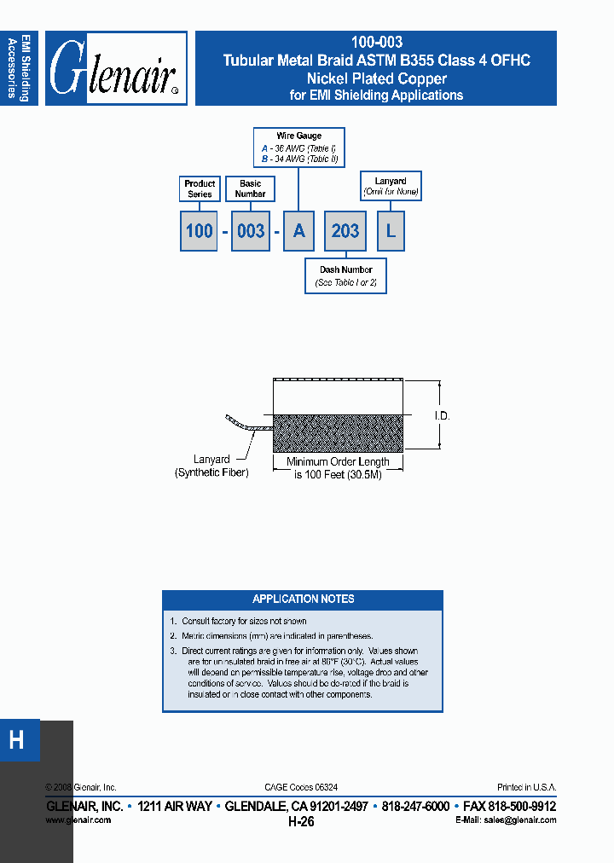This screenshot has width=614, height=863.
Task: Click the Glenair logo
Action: point(116,69)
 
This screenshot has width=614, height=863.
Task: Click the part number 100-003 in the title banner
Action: point(376,42)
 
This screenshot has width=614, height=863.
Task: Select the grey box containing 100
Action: point(199,231)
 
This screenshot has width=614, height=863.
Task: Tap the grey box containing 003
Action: point(250,231)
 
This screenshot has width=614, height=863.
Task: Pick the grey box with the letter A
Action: point(298,231)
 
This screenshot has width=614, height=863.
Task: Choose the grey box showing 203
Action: point(345,231)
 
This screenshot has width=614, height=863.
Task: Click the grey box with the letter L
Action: point(391,231)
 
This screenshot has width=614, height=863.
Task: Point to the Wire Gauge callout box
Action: point(298,148)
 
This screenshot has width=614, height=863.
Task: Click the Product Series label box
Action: point(200,188)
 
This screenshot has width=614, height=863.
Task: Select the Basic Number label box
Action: point(250,188)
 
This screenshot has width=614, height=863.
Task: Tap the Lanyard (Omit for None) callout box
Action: point(391,186)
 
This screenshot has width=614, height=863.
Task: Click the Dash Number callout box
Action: point(345,275)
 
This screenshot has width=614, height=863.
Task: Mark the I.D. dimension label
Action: point(442,416)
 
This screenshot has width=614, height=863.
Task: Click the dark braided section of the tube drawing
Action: point(338,432)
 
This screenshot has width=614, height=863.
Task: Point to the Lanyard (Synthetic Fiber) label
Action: point(211,466)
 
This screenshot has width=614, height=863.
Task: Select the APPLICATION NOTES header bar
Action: point(303,599)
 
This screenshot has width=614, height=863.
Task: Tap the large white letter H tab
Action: point(17,740)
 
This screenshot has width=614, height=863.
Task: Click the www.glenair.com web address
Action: point(78,820)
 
